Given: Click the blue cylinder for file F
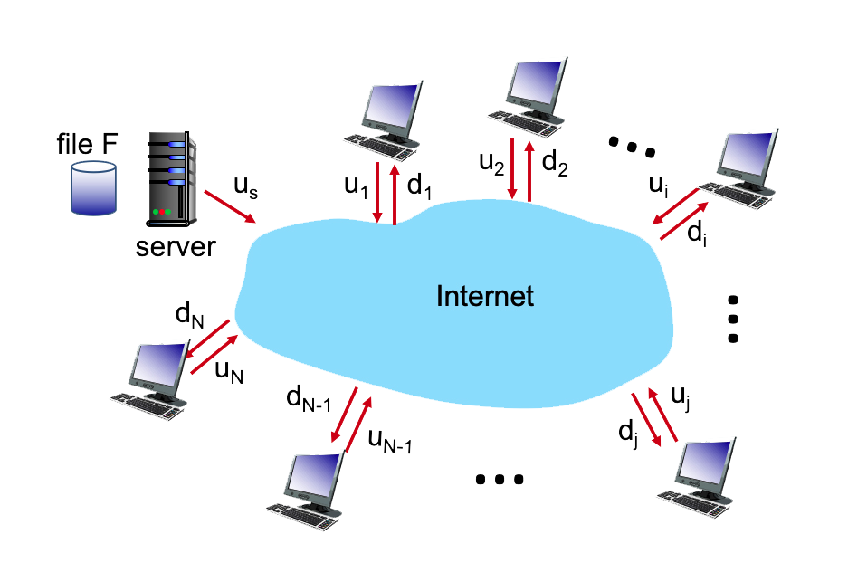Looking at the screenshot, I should click(94, 188).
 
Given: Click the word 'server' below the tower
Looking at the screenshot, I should click(176, 246).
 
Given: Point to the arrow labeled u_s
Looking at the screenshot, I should click(230, 205).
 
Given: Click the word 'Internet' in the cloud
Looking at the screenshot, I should click(485, 296).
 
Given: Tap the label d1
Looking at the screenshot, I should click(417, 186).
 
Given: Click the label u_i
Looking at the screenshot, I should click(659, 185).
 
